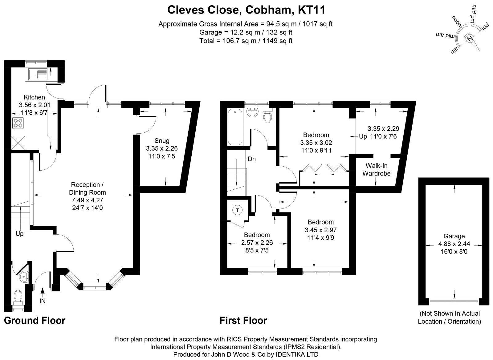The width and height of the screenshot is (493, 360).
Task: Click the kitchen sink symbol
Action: click(x=38, y=74)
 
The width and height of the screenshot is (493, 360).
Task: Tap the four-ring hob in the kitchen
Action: click(x=18, y=123)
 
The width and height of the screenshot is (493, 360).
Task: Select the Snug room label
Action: click(x=162, y=140)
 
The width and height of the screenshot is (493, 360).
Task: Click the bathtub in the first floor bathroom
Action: click(x=235, y=127)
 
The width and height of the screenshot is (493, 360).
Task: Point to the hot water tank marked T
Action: click(x=237, y=210)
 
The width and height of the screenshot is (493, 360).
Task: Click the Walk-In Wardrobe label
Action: click(x=376, y=169)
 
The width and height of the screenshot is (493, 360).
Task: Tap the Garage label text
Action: click(x=454, y=236)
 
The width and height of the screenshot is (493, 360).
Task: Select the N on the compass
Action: click(x=470, y=38)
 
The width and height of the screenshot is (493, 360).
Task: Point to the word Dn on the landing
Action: click(x=251, y=159)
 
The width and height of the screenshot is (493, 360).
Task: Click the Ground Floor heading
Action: click(x=35, y=320)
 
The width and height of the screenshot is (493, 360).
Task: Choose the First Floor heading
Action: click(x=243, y=320)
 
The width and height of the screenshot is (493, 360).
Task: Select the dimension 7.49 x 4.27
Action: click(x=88, y=200)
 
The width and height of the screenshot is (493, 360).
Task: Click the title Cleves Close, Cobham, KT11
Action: click(x=246, y=10)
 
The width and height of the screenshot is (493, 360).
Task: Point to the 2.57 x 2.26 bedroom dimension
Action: click(x=257, y=243)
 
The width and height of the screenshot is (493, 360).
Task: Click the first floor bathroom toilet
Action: click(x=267, y=116)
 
